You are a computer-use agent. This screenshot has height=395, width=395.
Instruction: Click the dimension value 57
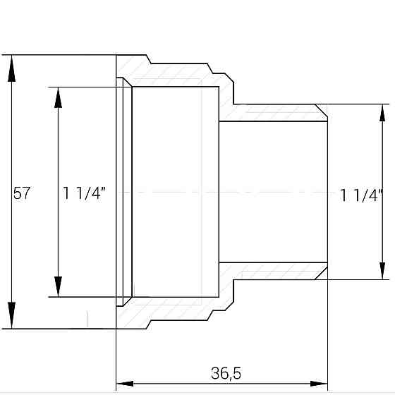22,193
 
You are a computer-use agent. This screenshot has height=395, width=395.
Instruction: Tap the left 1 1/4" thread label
84,193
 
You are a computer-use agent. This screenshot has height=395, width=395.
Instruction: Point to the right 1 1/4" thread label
360,195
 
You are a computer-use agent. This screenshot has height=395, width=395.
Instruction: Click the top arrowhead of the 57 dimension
11,68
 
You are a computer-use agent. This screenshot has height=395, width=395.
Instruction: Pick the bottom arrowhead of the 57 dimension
11,316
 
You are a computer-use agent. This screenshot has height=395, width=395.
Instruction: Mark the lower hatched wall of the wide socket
176,311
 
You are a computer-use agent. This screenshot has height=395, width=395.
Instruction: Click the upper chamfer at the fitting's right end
322,111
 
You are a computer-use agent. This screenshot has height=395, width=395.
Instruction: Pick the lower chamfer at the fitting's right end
322,272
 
